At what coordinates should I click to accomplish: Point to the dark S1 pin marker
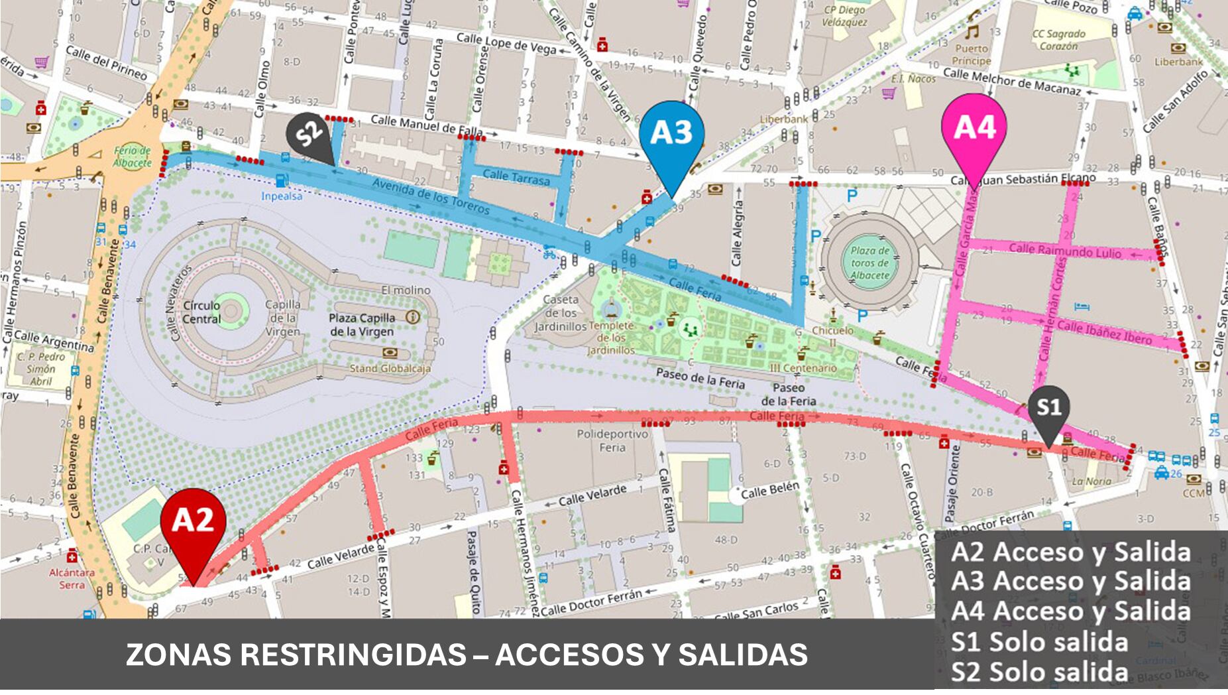[1048, 408]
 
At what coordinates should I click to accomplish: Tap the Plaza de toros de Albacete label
[869, 263]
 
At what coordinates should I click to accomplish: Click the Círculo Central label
[201, 312]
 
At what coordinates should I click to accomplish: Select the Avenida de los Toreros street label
[431, 196]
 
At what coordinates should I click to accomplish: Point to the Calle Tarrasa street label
[516, 177]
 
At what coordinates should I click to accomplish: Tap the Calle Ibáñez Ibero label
[1104, 332]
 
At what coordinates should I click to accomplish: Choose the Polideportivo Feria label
[612, 440]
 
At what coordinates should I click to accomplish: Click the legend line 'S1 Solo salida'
[1038, 642]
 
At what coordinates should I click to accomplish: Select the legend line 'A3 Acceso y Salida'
[1070, 581]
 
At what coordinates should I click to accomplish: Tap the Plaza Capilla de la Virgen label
[362, 324]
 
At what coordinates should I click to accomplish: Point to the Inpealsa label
[282, 196]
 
